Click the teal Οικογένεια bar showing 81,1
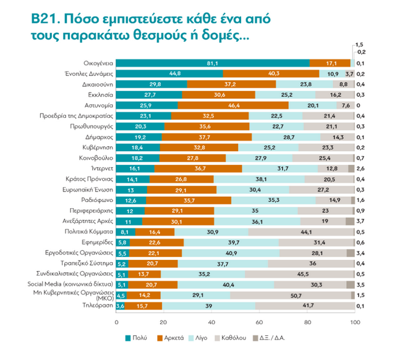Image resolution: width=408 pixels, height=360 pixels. (213, 63)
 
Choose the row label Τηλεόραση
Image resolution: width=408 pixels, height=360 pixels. (96, 306)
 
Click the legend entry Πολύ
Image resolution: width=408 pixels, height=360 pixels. (140, 338)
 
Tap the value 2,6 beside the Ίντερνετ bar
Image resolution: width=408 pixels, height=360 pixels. (360, 169)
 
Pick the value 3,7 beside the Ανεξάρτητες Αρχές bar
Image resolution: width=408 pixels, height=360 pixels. (360, 221)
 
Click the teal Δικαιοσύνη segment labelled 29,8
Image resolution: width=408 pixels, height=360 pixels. (151, 84)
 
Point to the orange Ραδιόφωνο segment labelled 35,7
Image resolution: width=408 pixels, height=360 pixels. (189, 200)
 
